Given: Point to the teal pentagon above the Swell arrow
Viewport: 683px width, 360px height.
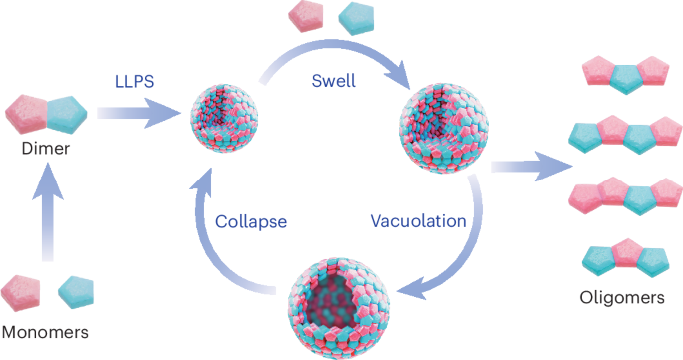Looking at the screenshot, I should (x=354, y=16).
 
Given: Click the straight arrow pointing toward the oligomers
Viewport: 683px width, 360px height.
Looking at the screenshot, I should (x=527, y=169).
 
